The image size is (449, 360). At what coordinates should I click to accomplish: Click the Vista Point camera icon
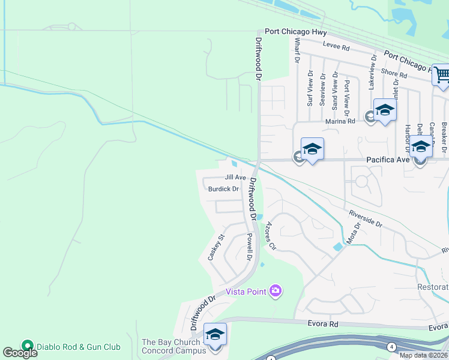276,291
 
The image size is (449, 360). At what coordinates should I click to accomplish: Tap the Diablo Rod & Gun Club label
79,346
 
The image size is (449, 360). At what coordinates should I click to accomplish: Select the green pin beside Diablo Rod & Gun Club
27,346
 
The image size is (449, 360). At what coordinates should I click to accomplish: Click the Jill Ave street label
235,178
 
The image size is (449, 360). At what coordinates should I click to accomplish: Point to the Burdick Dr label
223,188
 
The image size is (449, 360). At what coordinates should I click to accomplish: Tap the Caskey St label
215,247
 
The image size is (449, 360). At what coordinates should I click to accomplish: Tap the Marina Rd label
340,121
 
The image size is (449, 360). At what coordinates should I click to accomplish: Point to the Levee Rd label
336,46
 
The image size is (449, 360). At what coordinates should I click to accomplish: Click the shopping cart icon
442,76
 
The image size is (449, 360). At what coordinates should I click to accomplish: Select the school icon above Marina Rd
385,110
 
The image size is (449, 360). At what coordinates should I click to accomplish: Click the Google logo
20,353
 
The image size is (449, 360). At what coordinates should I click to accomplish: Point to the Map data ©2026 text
424,355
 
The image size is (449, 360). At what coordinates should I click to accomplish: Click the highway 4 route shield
391,346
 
